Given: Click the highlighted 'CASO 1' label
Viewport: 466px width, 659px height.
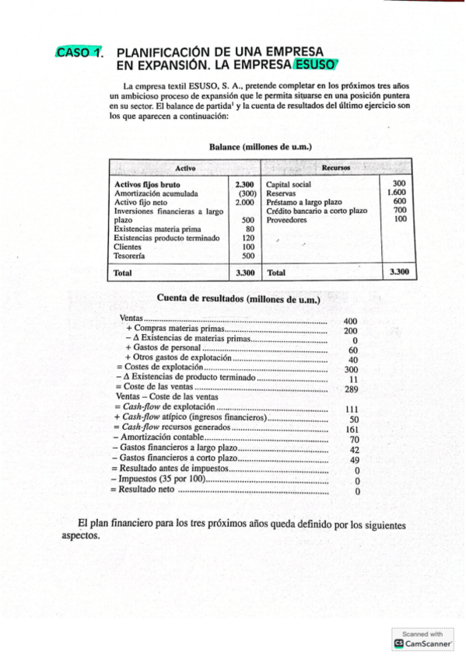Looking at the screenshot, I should [x=79, y=53].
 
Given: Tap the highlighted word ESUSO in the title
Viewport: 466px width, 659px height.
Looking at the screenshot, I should [x=317, y=65].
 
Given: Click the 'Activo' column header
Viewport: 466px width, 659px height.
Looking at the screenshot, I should [x=185, y=168].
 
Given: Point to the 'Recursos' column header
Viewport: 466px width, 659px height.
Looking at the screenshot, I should [x=335, y=168].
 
